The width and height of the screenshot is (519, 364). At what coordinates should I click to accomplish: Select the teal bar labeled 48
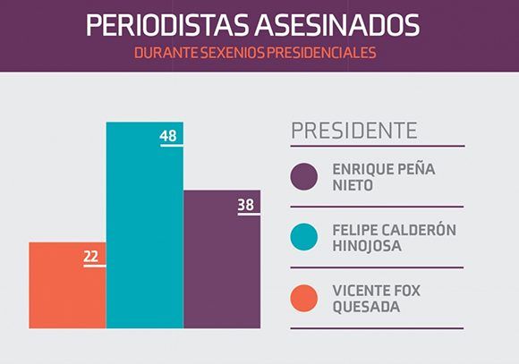click(145, 233)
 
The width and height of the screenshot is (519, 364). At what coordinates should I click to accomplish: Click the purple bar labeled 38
click(222, 268)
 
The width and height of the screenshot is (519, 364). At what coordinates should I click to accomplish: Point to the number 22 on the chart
click(91, 257)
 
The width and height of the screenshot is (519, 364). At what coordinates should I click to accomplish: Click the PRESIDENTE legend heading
click(353, 131)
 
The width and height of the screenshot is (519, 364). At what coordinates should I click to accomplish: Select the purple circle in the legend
click(304, 178)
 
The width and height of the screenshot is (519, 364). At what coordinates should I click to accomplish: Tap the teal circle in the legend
click(304, 238)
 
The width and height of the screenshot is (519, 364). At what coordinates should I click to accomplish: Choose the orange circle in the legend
click(304, 299)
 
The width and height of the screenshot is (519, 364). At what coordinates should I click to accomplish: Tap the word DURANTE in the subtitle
click(165, 53)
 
